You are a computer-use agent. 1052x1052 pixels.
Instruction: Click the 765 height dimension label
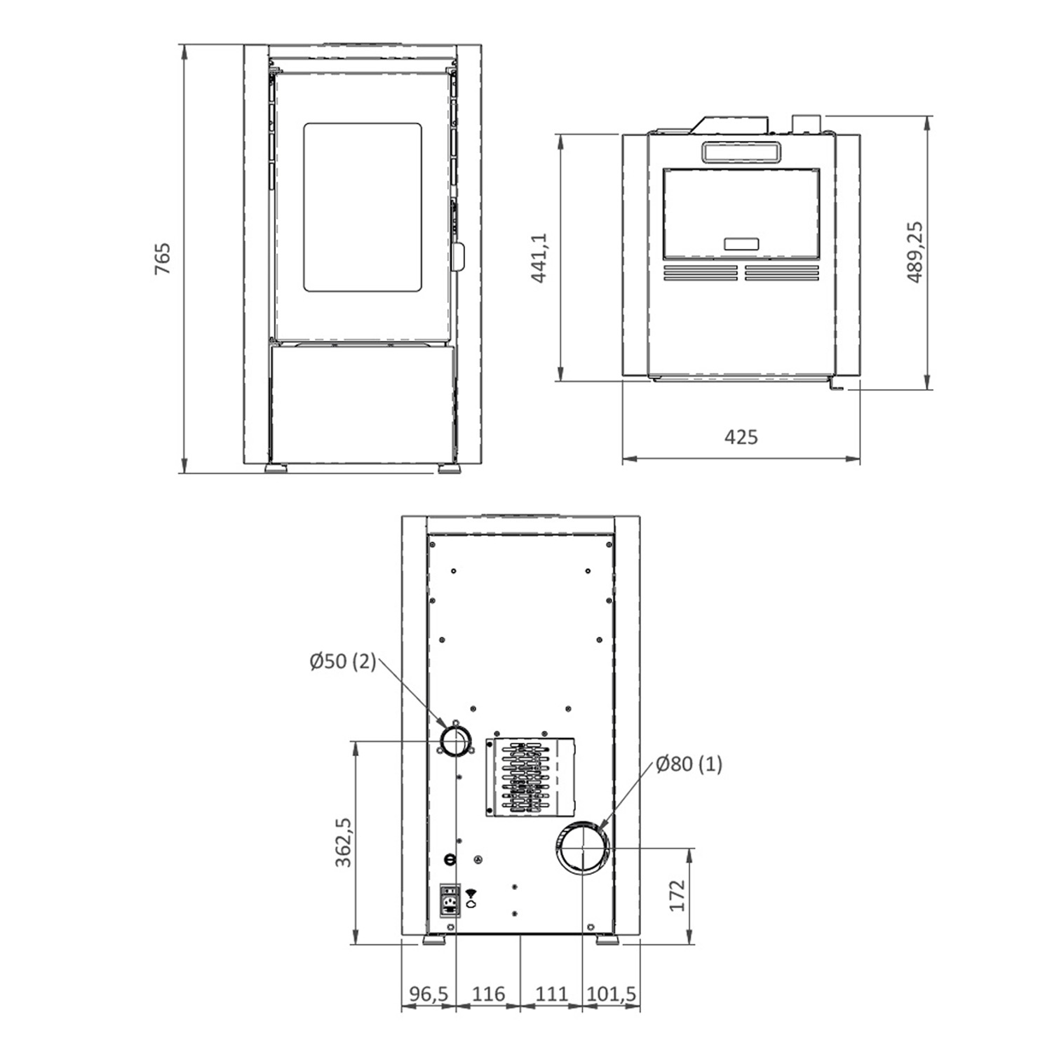click(163, 259)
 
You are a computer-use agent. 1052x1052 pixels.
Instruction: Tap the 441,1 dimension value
click(539, 257)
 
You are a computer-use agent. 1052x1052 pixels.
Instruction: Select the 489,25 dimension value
click(915, 252)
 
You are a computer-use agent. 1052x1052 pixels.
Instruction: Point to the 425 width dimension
click(741, 437)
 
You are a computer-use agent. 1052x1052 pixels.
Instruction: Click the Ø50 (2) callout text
click(343, 661)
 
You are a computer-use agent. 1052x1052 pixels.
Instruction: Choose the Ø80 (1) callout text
click(689, 764)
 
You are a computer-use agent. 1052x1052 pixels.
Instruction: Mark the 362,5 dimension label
click(343, 842)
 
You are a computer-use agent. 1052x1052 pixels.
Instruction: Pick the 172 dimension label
click(677, 896)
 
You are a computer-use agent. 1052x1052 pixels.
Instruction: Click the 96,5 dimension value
click(429, 994)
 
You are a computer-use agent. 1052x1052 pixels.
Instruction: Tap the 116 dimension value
click(488, 994)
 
